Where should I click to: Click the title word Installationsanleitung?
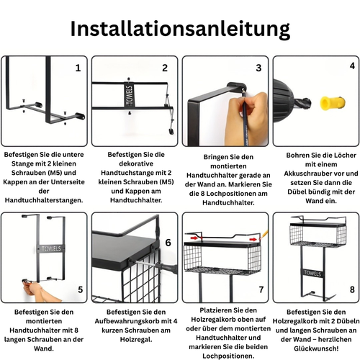click(180, 30)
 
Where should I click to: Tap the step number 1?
click(78, 68)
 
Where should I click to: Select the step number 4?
click(352, 66)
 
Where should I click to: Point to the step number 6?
click(168, 243)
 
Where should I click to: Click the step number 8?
click(352, 289)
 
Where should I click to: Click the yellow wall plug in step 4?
click(333, 103)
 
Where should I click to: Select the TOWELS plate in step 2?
click(130, 96)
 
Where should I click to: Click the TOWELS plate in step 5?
click(51, 249)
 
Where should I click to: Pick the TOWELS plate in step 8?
click(312, 273)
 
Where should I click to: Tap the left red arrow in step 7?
click(194, 238)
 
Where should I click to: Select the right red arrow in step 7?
click(253, 239)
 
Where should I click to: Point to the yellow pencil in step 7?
click(264, 235)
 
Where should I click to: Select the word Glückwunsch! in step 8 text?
click(316, 348)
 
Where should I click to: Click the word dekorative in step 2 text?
click(136, 163)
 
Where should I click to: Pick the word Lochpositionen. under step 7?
click(228, 356)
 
